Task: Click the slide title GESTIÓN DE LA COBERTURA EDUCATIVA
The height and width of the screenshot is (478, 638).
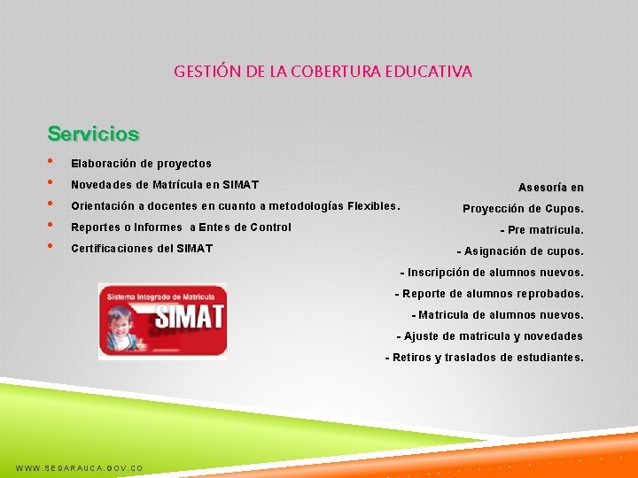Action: pos(323,71)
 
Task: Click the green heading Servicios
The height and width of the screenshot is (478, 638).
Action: pos(93,135)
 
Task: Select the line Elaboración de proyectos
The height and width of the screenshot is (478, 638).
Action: pos(141,164)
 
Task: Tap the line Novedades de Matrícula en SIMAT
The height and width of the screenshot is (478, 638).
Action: pos(165,185)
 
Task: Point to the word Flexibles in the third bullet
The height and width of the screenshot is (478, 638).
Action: pos(373,206)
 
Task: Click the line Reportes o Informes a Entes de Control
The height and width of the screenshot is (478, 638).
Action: pos(181,227)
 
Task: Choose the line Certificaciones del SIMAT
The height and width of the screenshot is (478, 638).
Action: pos(142,249)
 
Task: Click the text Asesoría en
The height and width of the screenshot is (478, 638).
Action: pos(550,188)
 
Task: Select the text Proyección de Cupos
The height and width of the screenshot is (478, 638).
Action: pos(523,210)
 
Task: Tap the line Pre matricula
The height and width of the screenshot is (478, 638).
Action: pos(541,230)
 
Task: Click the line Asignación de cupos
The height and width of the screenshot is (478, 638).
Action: pos(520,251)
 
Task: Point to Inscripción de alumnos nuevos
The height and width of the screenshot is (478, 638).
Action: pos(492,273)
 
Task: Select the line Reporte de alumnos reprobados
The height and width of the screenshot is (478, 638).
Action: pos(489,294)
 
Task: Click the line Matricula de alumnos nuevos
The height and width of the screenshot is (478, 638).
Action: pos(498,315)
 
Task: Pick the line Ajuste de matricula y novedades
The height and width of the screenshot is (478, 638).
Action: pos(490,336)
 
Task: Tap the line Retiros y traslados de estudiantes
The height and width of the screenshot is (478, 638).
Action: pos(484,358)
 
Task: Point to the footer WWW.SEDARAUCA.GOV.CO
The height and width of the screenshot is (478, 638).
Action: pos(80,468)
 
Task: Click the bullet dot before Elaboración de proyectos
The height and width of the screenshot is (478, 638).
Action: pos(51,161)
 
